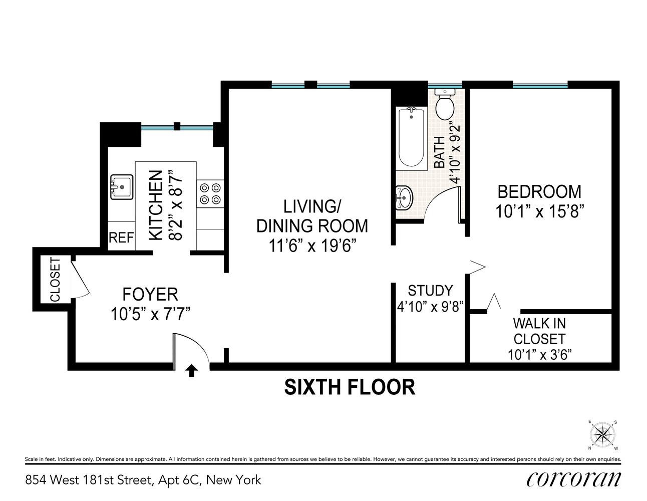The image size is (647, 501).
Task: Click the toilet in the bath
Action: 444,104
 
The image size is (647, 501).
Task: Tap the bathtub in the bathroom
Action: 412,137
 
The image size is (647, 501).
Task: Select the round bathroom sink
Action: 404,197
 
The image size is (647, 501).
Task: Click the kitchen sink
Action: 121,187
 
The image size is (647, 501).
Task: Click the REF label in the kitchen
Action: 121,238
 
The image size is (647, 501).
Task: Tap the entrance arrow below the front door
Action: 191,371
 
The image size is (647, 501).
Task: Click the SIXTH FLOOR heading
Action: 350,387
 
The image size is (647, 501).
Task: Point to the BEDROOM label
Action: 539,192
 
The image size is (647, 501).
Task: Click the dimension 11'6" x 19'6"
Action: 312,246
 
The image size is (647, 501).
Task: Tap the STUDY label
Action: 430,291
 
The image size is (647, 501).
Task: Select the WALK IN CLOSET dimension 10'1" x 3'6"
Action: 539,355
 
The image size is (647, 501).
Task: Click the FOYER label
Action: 150,294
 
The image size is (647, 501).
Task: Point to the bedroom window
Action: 540,86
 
